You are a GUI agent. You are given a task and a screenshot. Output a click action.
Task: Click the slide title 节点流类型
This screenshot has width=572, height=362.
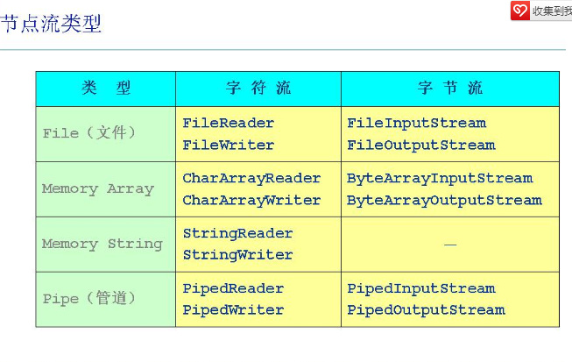pos(51,24)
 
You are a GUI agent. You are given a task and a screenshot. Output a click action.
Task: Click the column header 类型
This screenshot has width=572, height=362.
pos(106,89)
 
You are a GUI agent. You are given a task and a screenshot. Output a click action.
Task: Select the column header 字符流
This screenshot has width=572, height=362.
pos(258,89)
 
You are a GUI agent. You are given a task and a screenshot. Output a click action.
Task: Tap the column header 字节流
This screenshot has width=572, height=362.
pos(450,89)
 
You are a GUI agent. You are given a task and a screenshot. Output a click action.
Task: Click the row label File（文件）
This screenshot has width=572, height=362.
pos(89,133)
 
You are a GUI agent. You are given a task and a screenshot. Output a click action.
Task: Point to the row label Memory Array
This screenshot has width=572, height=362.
pos(97,188)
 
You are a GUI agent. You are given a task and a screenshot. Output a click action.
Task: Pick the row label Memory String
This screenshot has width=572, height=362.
pos(102,244)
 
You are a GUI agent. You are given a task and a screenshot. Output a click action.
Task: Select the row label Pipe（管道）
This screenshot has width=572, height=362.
pos(89,299)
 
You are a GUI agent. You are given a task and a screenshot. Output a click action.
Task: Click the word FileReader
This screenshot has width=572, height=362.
pos(228,123)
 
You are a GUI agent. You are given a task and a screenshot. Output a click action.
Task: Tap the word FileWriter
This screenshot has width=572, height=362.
pos(228,145)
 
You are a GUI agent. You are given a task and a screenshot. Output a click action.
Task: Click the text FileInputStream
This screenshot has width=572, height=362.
pos(416,123)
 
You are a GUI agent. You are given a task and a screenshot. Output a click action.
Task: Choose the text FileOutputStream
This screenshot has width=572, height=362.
pos(420,145)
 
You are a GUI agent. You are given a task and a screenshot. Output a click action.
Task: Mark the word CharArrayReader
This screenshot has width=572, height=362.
pos(251,178)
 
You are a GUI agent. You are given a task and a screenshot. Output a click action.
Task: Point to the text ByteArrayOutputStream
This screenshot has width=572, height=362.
pos(444,200)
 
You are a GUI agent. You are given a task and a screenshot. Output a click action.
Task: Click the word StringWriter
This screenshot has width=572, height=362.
pos(237,255)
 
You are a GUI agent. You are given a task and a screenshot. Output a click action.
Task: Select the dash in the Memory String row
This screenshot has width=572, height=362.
pos(450,245)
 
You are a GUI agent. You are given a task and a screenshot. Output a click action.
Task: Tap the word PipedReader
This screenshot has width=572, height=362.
pos(233,288)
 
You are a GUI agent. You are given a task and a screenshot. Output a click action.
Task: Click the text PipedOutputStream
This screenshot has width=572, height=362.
pos(426,310)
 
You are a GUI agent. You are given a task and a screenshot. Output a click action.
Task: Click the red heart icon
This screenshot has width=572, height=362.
pos(520,10)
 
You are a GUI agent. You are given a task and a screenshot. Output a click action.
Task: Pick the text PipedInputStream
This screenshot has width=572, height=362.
pos(420,288)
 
